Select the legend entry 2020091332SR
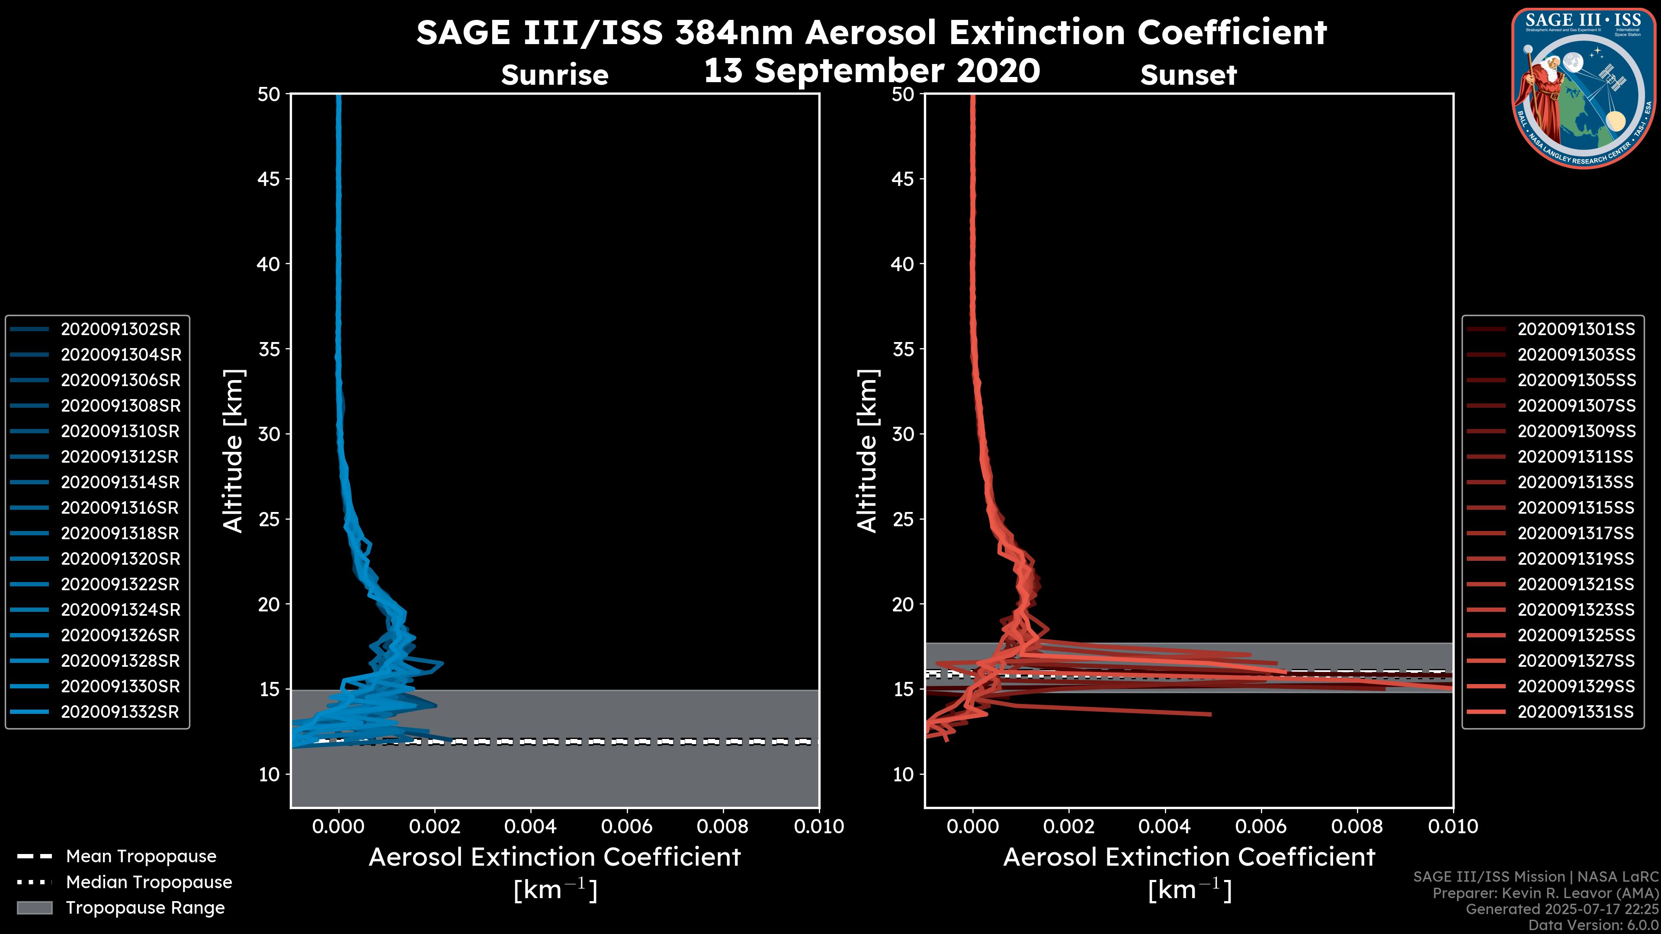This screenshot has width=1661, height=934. (120, 712)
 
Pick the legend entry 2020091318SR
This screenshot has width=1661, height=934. (120, 534)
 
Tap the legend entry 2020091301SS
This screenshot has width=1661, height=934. (1576, 329)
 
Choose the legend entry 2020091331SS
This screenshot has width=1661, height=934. (1575, 712)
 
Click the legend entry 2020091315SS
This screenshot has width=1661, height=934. (1576, 508)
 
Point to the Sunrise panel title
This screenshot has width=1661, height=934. (555, 75)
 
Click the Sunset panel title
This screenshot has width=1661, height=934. (1188, 75)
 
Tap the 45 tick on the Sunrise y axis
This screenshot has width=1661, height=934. (269, 179)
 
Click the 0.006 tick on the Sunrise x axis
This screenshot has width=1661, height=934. (626, 826)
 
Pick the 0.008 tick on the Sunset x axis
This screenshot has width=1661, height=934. (1357, 826)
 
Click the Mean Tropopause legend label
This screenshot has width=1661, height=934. (141, 857)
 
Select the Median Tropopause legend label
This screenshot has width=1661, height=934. (149, 883)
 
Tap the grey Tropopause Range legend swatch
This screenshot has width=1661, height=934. (34, 908)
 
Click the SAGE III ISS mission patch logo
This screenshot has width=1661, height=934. (1582, 87)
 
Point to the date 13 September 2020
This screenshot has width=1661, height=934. (872, 71)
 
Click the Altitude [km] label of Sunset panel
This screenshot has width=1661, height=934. (867, 451)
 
